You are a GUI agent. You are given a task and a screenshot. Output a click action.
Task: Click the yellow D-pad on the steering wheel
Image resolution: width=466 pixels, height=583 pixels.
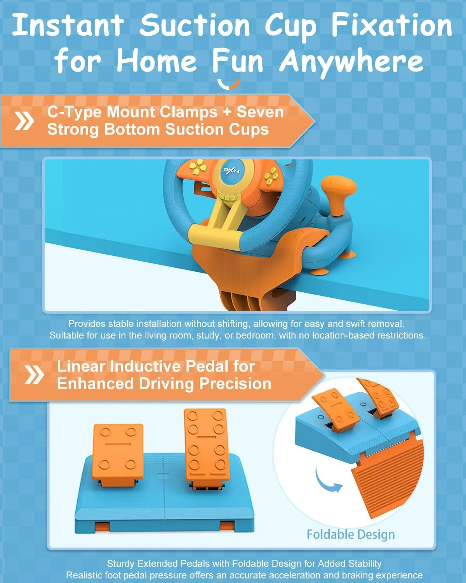pos(198,167)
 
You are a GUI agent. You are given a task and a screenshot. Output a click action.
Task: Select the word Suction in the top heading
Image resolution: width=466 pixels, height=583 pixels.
pos(195,25)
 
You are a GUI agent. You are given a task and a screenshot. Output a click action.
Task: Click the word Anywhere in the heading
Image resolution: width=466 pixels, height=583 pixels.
pos(351,62)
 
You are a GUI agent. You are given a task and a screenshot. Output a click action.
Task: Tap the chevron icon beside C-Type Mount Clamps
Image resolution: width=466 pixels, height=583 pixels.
pos(24,121)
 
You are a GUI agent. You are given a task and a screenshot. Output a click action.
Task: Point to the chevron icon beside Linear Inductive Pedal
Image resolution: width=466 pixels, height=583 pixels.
pos(34,374)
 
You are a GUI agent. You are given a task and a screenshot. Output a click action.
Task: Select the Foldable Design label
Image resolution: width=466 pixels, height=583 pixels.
pos(351,534)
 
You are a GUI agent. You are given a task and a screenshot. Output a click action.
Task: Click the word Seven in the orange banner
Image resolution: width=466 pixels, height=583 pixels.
pos(260,112)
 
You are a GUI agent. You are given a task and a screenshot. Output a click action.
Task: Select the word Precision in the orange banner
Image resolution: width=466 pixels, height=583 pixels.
pos(235,384)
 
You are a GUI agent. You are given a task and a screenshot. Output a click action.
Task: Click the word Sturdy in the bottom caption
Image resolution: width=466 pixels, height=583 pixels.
pos(121,564)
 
